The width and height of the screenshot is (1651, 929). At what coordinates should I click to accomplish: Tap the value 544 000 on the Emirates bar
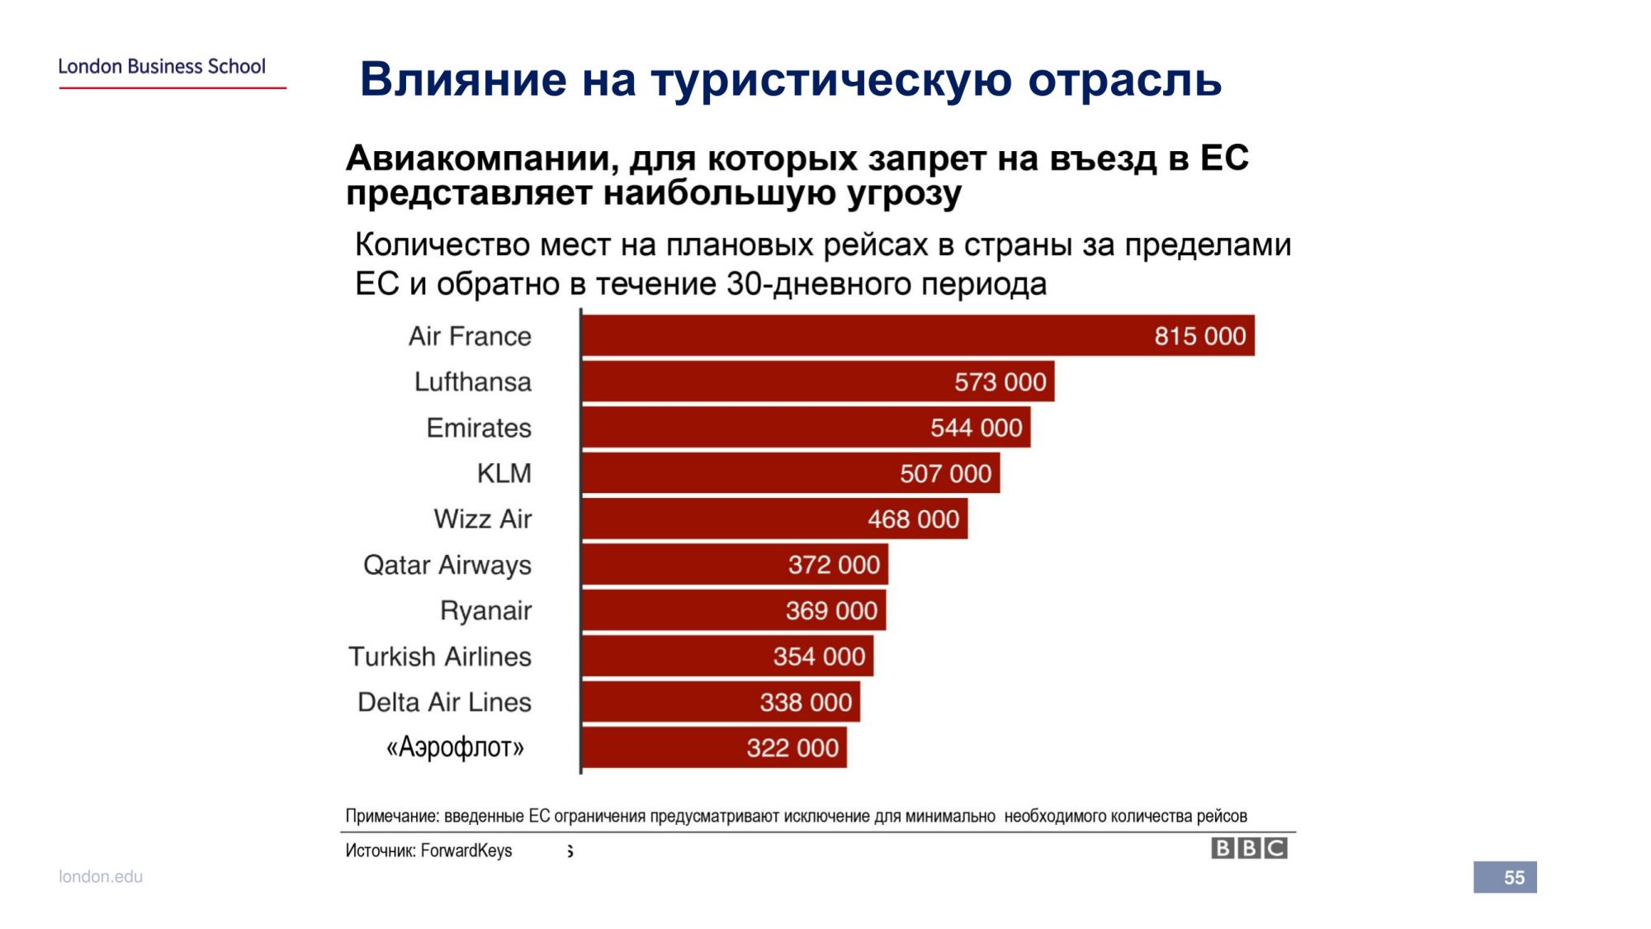(976, 428)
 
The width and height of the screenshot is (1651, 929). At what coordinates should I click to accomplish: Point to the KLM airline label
(504, 473)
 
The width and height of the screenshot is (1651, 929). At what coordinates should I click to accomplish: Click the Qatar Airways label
(447, 565)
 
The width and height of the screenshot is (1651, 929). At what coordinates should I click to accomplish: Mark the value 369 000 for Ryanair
(831, 610)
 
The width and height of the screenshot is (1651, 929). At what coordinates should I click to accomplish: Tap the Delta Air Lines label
(444, 702)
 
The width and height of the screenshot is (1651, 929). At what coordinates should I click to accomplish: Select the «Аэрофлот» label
(455, 747)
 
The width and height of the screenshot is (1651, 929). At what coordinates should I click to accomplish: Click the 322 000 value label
(792, 748)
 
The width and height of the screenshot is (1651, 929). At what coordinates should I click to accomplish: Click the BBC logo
(1249, 848)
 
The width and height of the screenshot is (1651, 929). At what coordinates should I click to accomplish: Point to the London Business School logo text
(162, 66)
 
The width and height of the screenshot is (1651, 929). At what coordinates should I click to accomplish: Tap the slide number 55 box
(1505, 877)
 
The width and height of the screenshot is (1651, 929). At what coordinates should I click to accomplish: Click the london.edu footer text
(101, 876)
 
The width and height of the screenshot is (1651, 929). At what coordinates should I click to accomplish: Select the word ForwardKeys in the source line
(466, 851)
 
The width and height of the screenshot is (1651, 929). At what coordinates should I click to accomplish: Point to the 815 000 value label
(1199, 336)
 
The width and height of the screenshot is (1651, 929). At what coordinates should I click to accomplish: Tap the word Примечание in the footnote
(392, 816)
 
